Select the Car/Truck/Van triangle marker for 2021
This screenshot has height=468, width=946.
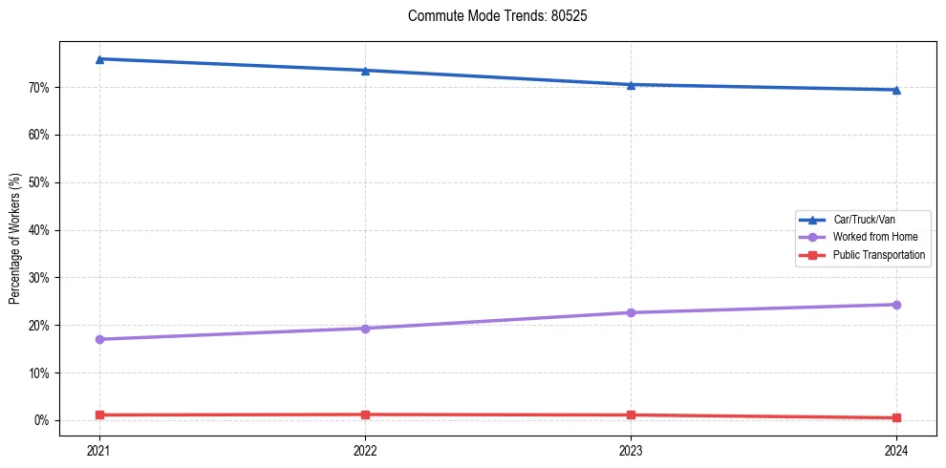(x=99, y=59)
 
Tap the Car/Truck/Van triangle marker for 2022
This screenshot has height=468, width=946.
(x=365, y=71)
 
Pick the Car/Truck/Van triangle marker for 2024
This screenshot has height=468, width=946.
(x=896, y=90)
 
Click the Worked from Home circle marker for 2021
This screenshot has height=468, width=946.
(x=99, y=339)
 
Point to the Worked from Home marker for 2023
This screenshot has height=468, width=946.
(x=631, y=312)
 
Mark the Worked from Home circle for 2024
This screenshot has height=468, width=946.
(x=896, y=305)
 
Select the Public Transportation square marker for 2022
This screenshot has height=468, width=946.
(x=365, y=415)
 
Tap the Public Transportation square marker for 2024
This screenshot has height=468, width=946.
(x=896, y=417)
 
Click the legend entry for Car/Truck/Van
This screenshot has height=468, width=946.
(x=864, y=220)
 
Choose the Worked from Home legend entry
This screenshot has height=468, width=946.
(x=871, y=237)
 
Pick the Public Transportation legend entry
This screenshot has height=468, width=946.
(x=878, y=255)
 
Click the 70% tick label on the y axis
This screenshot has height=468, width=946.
(x=38, y=88)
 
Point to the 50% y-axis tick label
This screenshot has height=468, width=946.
(x=38, y=182)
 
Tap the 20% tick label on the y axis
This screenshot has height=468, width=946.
(x=38, y=326)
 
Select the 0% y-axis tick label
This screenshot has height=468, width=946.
(x=41, y=420)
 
